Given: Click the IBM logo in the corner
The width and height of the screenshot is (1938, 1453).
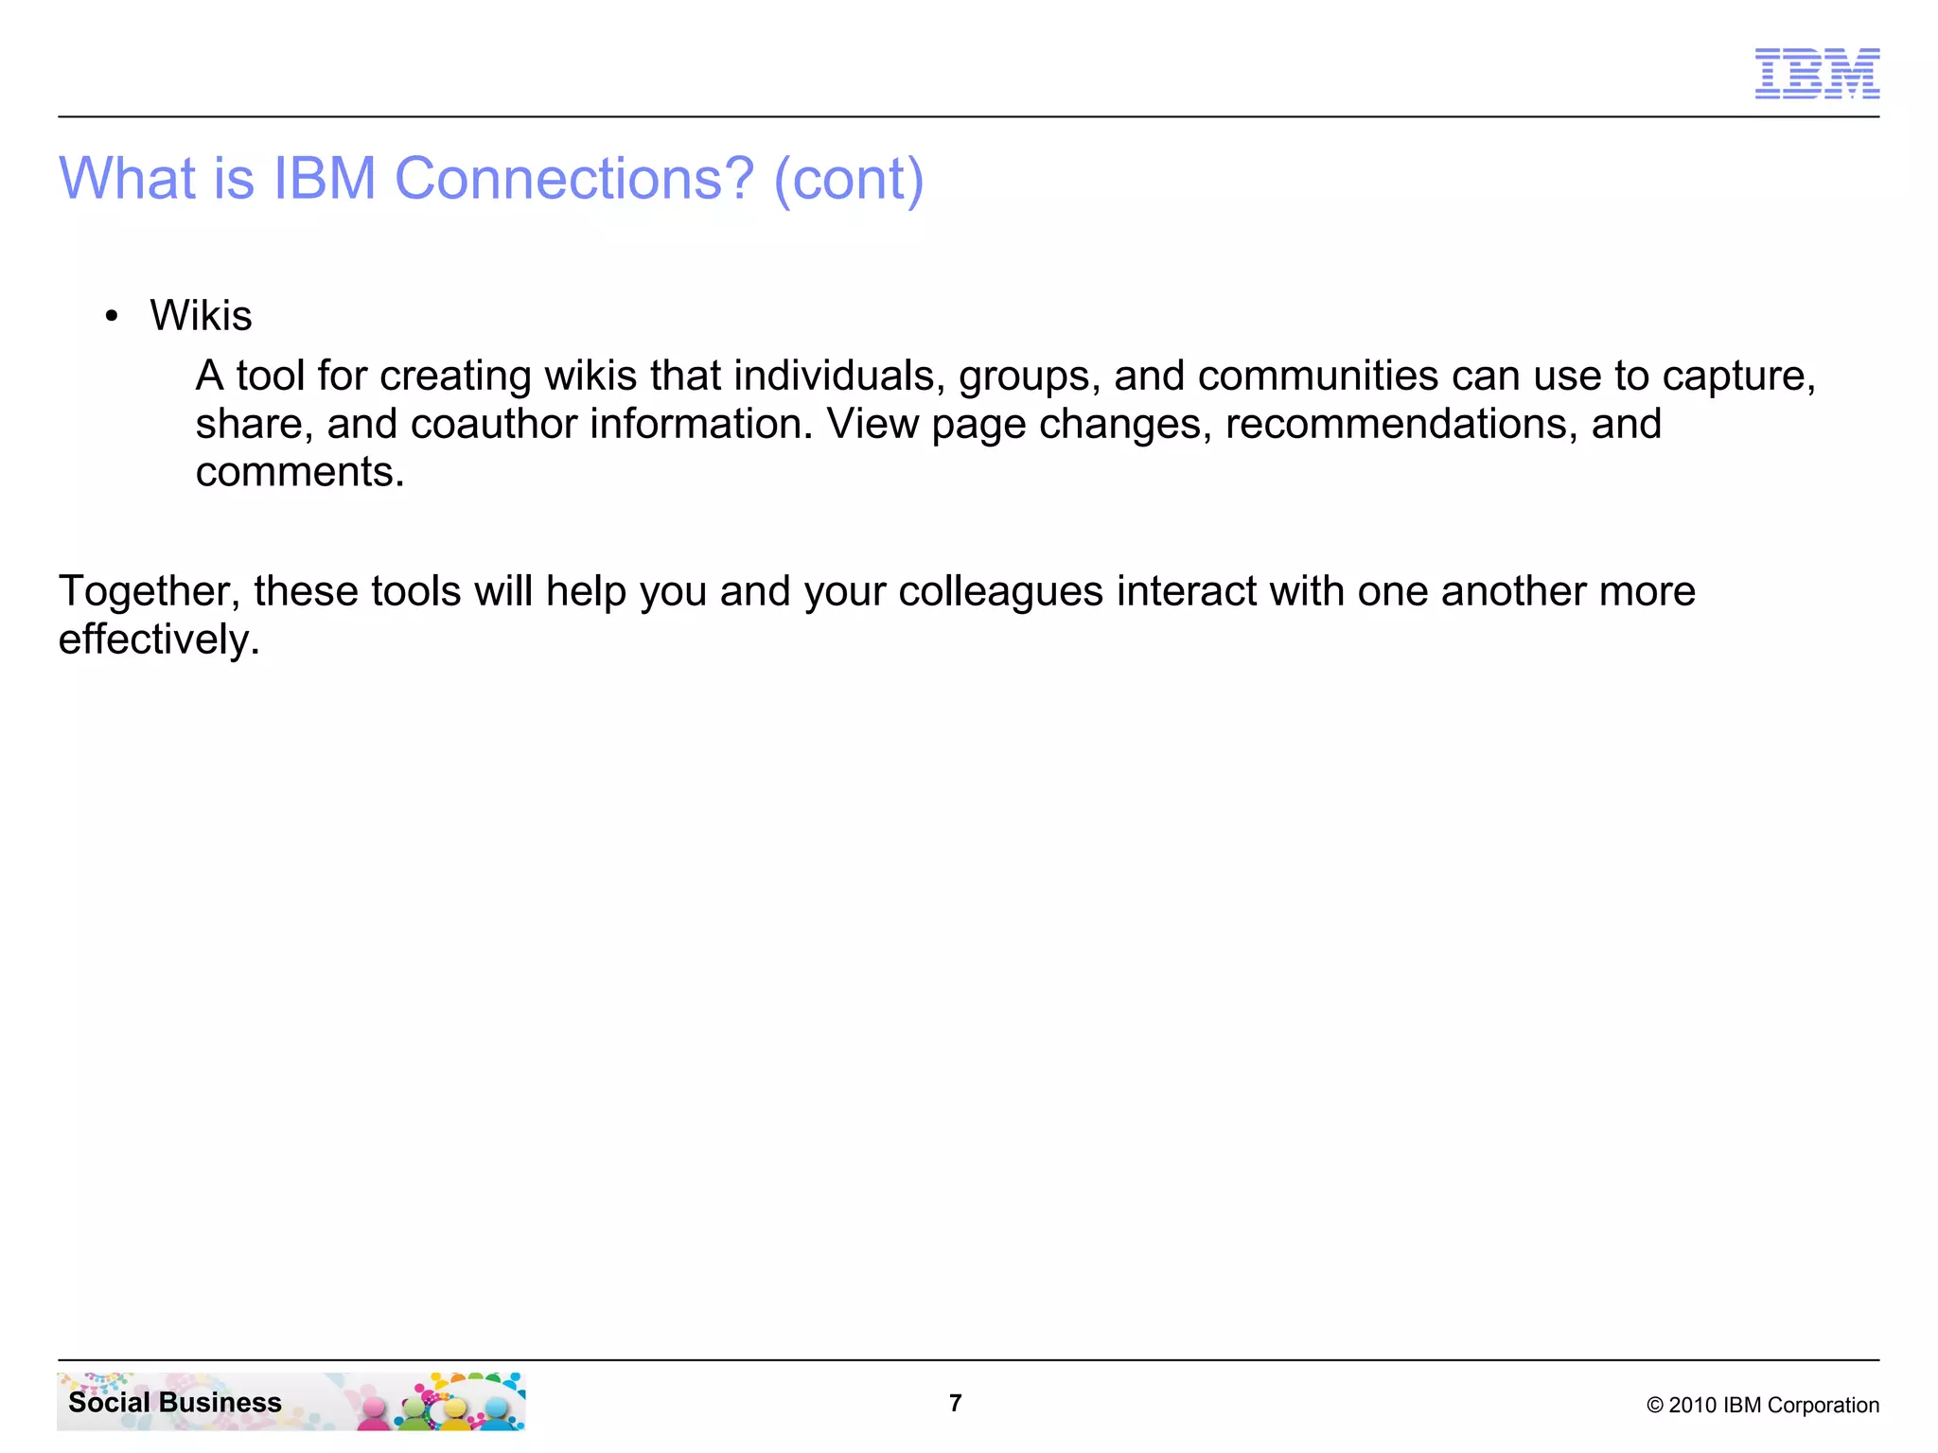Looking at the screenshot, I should [x=1817, y=73].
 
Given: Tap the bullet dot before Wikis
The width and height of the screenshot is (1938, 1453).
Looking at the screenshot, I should [x=113, y=316].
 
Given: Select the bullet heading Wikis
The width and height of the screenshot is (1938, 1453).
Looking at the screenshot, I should [x=201, y=315].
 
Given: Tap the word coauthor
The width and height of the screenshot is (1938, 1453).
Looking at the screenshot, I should [x=493, y=424].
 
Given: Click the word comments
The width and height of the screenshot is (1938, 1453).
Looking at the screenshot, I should [x=299, y=472].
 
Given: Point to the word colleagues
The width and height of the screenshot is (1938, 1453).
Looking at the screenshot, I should [x=1000, y=592].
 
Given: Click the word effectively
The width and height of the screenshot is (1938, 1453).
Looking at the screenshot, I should [x=158, y=639].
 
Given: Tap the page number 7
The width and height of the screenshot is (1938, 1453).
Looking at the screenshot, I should [x=956, y=1403].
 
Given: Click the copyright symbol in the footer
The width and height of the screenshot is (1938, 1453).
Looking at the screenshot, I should [x=1655, y=1406].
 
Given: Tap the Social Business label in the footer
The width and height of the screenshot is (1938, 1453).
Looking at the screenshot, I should [x=175, y=1402].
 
